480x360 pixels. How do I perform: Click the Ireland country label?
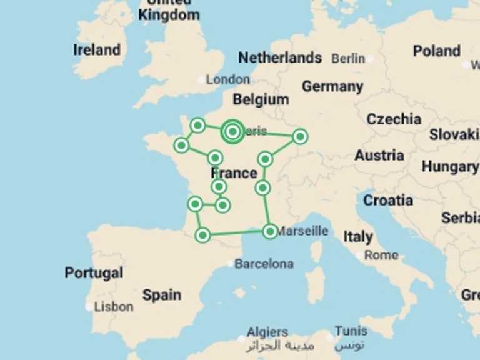(x=97, y=50)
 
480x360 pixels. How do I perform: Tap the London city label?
(x=228, y=79)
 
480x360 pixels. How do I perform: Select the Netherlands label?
(x=280, y=58)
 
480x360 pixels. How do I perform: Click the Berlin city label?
(x=348, y=58)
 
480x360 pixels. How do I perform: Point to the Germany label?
(x=332, y=86)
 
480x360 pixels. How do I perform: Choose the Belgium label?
(x=261, y=99)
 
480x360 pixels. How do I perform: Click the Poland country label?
(x=436, y=51)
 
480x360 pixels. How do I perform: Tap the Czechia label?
(x=394, y=119)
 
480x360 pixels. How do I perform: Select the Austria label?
(x=379, y=155)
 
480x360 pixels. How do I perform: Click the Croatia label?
(x=388, y=201)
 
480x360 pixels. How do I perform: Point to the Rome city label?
(x=381, y=255)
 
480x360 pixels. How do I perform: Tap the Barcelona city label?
(x=264, y=264)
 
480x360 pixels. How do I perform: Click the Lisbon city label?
(x=113, y=307)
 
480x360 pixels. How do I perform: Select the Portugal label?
(x=94, y=273)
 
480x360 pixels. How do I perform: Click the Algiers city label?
(x=267, y=332)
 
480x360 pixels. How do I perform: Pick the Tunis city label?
(x=351, y=331)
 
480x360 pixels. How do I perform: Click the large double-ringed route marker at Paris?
(x=232, y=131)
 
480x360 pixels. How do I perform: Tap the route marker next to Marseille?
(x=270, y=231)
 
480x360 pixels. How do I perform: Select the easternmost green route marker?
(x=300, y=136)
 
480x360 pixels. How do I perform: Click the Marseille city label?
(x=302, y=231)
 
